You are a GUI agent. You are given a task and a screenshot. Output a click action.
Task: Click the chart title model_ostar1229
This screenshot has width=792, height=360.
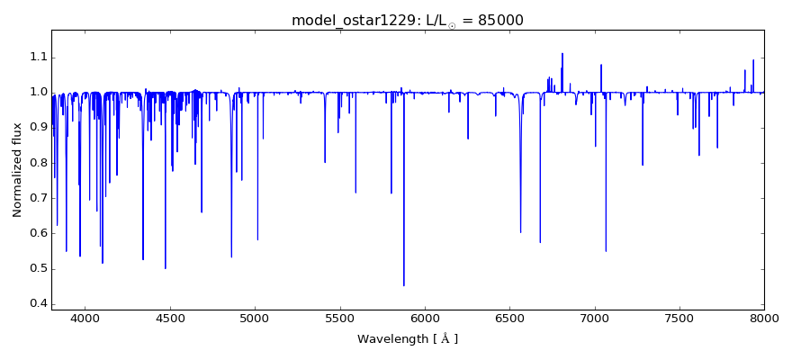pyautogui.click(x=347, y=20)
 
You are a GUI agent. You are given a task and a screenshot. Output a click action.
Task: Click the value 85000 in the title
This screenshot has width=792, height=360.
pyautogui.click(x=494, y=20)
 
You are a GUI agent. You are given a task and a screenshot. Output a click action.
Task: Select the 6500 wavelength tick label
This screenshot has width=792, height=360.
pyautogui.click(x=509, y=318)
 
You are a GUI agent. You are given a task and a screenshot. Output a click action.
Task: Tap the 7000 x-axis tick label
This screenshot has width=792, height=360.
pyautogui.click(x=594, y=318)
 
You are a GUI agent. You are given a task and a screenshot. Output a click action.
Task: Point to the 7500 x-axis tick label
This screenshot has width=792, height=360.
pyautogui.click(x=679, y=318)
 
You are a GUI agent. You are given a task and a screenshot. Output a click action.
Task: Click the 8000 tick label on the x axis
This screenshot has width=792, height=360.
pyautogui.click(x=763, y=318)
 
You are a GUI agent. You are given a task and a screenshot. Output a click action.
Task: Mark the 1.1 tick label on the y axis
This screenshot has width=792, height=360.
pyautogui.click(x=36, y=57)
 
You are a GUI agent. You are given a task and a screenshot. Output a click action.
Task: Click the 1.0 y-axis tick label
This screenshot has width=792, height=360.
pyautogui.click(x=36, y=92)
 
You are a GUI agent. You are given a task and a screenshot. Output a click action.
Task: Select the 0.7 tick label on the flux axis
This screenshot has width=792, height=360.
pyautogui.click(x=36, y=198)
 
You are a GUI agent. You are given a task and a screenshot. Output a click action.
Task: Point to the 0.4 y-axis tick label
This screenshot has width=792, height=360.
pyautogui.click(x=36, y=303)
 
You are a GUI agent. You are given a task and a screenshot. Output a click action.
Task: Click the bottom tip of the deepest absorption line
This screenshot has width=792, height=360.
pyautogui.click(x=403, y=285)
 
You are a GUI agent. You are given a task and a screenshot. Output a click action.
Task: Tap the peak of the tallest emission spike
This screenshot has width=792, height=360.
pyautogui.click(x=562, y=53)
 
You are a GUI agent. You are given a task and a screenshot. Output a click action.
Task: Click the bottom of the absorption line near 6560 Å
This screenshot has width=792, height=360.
pyautogui.click(x=520, y=232)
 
